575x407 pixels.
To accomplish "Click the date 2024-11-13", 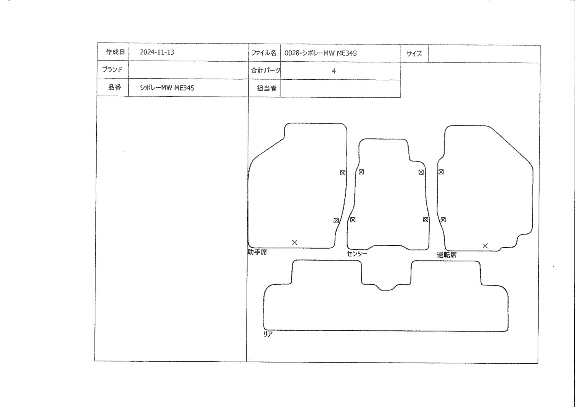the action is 157,53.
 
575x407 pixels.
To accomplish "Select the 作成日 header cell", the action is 115,52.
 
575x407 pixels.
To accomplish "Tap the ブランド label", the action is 112,69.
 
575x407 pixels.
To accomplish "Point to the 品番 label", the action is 115,87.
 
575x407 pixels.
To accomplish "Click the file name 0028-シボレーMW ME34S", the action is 320,53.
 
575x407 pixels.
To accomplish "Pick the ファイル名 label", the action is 264,53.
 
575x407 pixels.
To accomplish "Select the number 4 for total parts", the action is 334,71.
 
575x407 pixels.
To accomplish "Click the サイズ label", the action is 414,54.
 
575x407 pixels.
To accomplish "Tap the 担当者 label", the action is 267,89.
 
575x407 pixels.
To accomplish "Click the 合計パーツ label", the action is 265,71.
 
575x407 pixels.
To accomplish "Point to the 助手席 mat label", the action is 257,252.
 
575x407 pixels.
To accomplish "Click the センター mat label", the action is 357,254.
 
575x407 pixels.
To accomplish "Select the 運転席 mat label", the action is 447,255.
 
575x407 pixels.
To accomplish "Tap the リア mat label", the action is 268,334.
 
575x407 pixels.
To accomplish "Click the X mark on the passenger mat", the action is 295,243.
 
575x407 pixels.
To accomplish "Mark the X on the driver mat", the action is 485,246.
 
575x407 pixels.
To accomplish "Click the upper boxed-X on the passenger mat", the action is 343,173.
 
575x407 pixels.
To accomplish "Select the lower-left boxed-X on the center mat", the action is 353,220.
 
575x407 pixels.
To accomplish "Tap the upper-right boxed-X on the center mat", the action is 421,172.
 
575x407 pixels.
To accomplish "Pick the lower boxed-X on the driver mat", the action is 443,220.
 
